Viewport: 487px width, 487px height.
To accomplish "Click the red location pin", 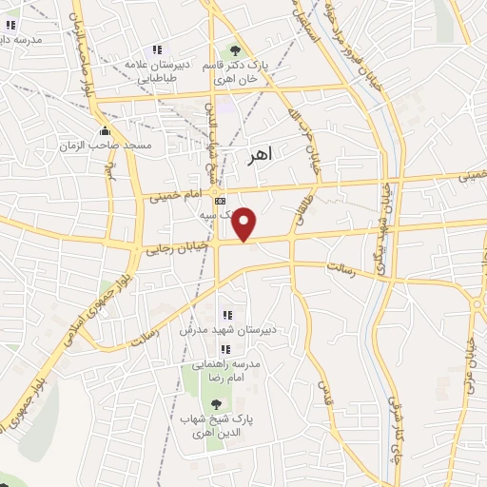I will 245,224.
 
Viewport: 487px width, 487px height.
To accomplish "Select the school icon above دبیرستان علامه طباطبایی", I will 157,50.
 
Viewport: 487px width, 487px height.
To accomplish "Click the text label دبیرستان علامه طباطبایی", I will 158,72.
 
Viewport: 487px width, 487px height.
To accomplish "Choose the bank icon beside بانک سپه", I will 221,202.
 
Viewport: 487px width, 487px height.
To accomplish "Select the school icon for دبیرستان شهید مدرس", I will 226,315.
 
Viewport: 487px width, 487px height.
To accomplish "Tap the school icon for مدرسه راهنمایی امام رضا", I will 225,350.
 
